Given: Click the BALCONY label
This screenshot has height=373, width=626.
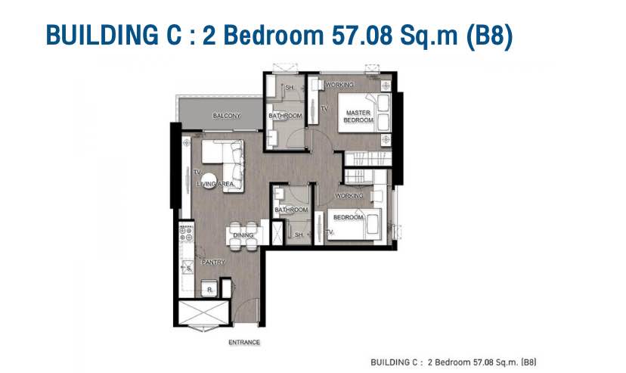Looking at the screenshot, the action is point(226,116).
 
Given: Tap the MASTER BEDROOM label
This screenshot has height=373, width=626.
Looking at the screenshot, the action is point(358,117).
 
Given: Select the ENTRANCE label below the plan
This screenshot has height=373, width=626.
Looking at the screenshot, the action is point(244,342).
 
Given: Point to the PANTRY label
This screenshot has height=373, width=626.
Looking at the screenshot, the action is point(213,263).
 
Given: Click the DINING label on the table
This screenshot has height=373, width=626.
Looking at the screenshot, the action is point(243,235).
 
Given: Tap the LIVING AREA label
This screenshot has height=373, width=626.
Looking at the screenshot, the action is point(215,184).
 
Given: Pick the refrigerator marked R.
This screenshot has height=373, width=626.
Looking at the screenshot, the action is point(209,288).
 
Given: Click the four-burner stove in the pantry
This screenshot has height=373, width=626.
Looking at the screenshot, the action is point(186,233).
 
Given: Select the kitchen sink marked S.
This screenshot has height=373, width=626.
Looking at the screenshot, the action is point(187,268).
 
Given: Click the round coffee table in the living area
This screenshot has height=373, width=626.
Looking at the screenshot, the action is point(209,181).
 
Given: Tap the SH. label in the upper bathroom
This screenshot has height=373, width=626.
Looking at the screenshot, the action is point(290,88).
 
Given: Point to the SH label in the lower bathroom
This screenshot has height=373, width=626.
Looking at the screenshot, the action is point(299,235).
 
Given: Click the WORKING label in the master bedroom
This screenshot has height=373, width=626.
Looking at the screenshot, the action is point(339,85).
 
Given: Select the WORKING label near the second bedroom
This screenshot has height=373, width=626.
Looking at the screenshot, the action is point(349,196).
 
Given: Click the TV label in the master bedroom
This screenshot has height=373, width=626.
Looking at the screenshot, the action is point(324,108).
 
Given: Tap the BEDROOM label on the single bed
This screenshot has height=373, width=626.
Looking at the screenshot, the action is point(348,217).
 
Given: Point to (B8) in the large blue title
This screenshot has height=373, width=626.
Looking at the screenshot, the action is point(489,36).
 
